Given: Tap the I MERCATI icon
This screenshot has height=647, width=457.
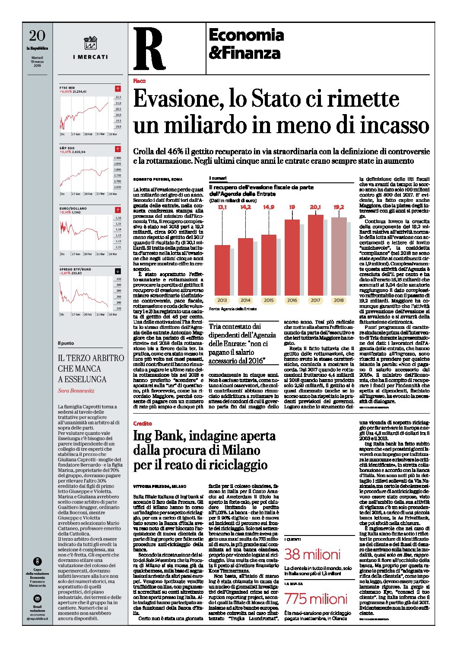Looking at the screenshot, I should pyautogui.click(x=90, y=43).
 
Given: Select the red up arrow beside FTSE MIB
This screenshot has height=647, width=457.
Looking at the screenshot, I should pyautogui.click(x=118, y=89).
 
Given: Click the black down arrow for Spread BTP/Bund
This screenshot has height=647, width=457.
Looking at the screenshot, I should pyautogui.click(x=118, y=271).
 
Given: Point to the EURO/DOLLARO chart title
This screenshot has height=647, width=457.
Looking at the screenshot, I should pyautogui.click(x=73, y=208).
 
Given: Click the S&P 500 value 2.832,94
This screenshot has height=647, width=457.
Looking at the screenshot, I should pyautogui.click(x=79, y=152).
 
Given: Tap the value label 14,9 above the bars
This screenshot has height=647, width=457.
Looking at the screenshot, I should pyautogui.click(x=269, y=207).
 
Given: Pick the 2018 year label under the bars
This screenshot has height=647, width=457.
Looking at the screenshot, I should pyautogui.click(x=339, y=300).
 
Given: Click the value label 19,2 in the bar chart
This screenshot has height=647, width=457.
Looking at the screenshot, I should pyautogui.click(x=339, y=207).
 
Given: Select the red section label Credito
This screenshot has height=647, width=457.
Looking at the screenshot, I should pyautogui.click(x=143, y=424).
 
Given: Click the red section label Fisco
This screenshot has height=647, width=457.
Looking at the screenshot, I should pyautogui.click(x=139, y=81).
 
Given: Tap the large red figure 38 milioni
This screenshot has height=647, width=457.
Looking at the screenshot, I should pyautogui.click(x=312, y=554).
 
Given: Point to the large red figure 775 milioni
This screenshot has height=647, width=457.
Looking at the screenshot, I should pyautogui.click(x=315, y=599).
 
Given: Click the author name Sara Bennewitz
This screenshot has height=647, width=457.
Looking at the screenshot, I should pyautogui.click(x=76, y=391).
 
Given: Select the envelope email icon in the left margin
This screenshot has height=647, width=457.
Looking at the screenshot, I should pyautogui.click(x=38, y=599).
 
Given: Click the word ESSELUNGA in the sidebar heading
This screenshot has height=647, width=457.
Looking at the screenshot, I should pyautogui.click(x=82, y=379).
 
